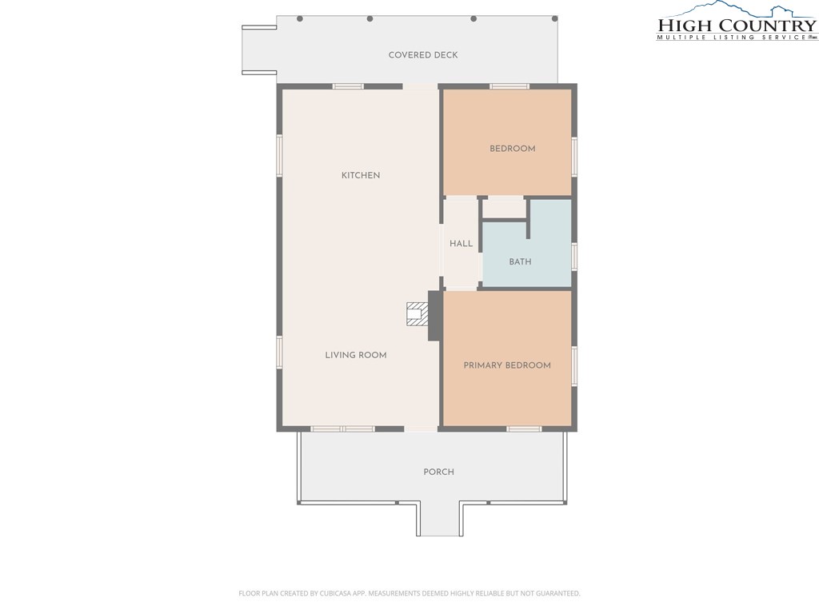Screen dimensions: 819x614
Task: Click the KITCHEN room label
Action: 361,175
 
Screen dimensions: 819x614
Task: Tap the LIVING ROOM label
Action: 356,355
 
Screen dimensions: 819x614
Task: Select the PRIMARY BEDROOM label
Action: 507,365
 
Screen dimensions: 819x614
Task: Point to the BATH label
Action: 520,261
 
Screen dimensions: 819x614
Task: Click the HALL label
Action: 461,243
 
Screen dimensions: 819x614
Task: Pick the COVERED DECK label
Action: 423,55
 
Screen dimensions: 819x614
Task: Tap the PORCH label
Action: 439,472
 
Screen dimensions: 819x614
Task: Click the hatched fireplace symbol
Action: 417,313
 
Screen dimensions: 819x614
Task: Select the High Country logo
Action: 737,22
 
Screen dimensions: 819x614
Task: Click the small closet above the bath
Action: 504,208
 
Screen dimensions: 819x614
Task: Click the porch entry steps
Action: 439,519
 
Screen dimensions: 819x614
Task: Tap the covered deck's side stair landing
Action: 259,50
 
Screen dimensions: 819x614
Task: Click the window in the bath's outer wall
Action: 574,257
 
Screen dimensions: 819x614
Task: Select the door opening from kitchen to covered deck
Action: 420,86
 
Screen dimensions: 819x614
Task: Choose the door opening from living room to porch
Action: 421,429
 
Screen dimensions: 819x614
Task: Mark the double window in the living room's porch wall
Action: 342,429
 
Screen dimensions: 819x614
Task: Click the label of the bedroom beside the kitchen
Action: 513,149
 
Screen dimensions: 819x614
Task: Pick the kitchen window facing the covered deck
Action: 349,86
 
